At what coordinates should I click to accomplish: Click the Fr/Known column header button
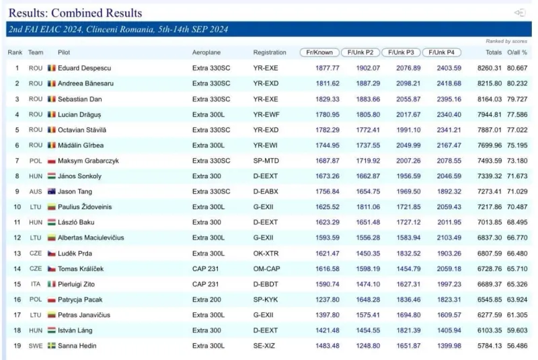point(319,52)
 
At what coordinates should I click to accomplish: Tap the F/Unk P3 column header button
point(401,52)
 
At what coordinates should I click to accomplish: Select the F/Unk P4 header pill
point(442,52)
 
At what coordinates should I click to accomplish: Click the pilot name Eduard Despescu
point(85,68)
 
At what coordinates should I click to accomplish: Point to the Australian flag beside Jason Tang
point(52,192)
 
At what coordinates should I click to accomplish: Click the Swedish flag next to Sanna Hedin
point(52,346)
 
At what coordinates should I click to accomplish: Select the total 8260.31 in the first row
point(490,68)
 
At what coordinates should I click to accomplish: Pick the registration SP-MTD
point(266,161)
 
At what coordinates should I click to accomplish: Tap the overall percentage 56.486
point(517,346)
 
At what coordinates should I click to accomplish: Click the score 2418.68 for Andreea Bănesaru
point(449,83)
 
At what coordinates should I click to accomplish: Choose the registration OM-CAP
point(266,268)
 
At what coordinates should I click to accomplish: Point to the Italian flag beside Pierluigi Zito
point(52,284)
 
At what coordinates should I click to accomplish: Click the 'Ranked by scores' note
point(506,41)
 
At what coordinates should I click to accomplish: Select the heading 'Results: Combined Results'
point(75,13)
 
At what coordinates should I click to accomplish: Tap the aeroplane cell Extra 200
point(206,299)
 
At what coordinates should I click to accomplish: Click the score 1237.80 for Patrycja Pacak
point(328,299)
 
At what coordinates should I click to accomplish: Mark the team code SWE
point(36,346)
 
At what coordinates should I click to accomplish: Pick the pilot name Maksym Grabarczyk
point(88,161)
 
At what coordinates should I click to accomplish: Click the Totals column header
point(494,52)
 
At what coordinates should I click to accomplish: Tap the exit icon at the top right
point(520,13)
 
